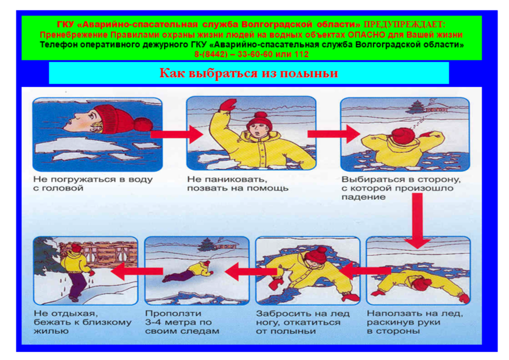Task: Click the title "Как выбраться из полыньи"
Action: (248, 73)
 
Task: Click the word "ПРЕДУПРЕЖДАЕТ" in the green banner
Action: (404, 24)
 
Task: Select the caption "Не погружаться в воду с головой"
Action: (93, 183)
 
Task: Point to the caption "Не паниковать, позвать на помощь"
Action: (237, 183)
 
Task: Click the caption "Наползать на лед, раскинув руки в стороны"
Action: (415, 322)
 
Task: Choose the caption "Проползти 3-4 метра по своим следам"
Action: (182, 322)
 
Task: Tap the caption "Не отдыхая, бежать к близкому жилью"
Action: (82, 322)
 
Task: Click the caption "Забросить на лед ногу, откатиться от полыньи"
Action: (303, 322)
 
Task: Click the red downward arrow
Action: (418, 221)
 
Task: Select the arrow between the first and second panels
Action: (177, 134)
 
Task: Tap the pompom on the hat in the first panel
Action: (143, 124)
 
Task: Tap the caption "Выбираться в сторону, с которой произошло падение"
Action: (401, 188)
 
